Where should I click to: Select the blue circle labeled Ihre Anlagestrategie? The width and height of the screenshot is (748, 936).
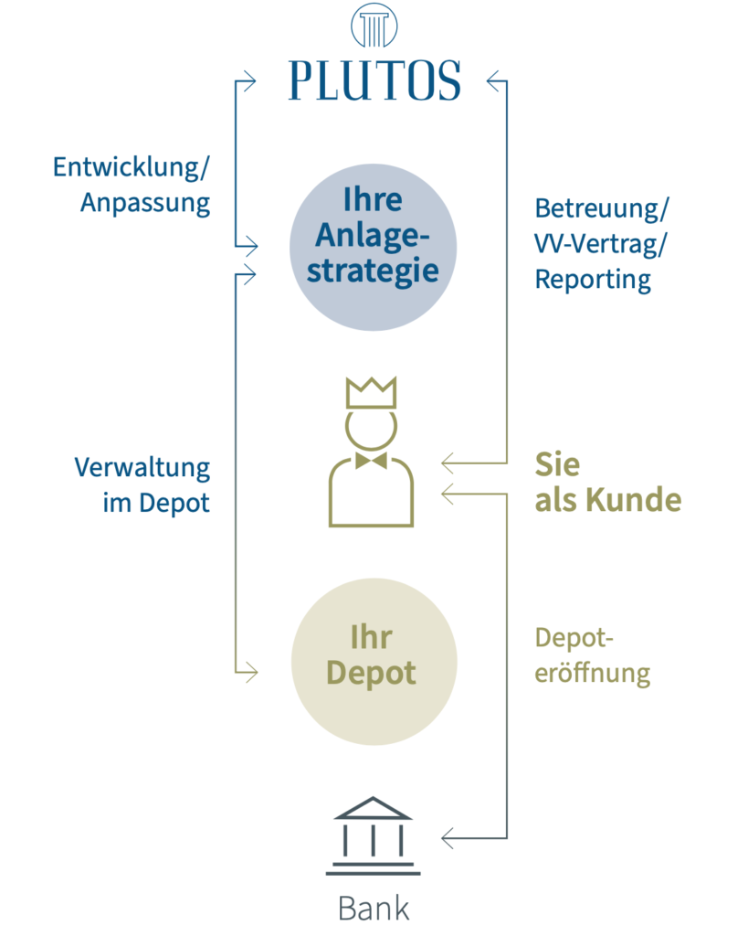coord(372,247)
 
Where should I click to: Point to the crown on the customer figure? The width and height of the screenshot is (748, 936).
coord(371,393)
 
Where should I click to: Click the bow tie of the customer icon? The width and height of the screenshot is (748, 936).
coord(371,461)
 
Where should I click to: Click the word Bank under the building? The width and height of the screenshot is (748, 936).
coord(373,909)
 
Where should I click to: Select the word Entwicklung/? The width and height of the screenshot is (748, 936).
coord(132,167)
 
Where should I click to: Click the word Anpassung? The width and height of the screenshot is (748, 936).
coord(145,202)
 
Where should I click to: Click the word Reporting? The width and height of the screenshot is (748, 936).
coord(593,280)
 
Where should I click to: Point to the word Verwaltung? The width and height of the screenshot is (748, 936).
coord(142,468)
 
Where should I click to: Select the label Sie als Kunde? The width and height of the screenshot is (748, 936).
coord(607,483)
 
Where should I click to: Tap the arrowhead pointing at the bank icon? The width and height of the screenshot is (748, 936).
coord(448,837)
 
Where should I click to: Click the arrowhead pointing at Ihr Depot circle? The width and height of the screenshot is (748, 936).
coord(251,673)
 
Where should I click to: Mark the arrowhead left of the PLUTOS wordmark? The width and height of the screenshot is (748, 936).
coord(251,81)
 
